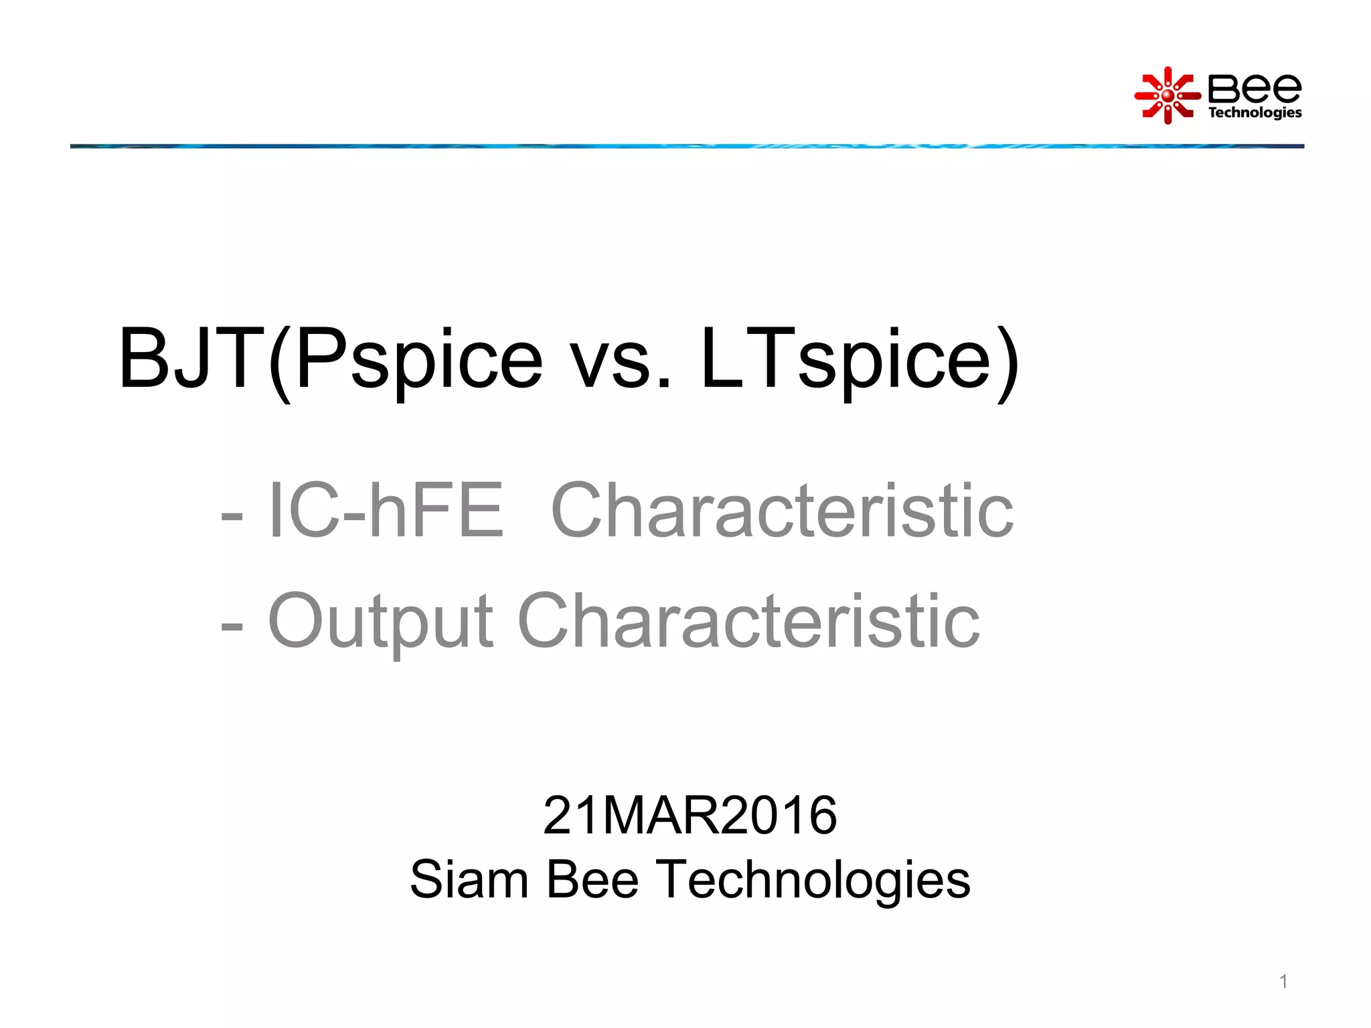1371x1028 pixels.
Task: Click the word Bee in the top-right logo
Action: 1255,88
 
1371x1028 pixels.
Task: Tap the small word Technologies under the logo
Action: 1255,112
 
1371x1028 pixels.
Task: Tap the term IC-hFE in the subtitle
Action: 385,511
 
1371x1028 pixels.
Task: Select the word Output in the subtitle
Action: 380,622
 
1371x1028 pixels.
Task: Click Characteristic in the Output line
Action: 748,622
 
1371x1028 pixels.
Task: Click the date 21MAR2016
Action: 690,815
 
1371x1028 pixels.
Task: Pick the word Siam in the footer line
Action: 469,879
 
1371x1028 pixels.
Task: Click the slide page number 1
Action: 1283,981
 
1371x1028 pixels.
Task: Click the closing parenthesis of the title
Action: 1007,363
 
